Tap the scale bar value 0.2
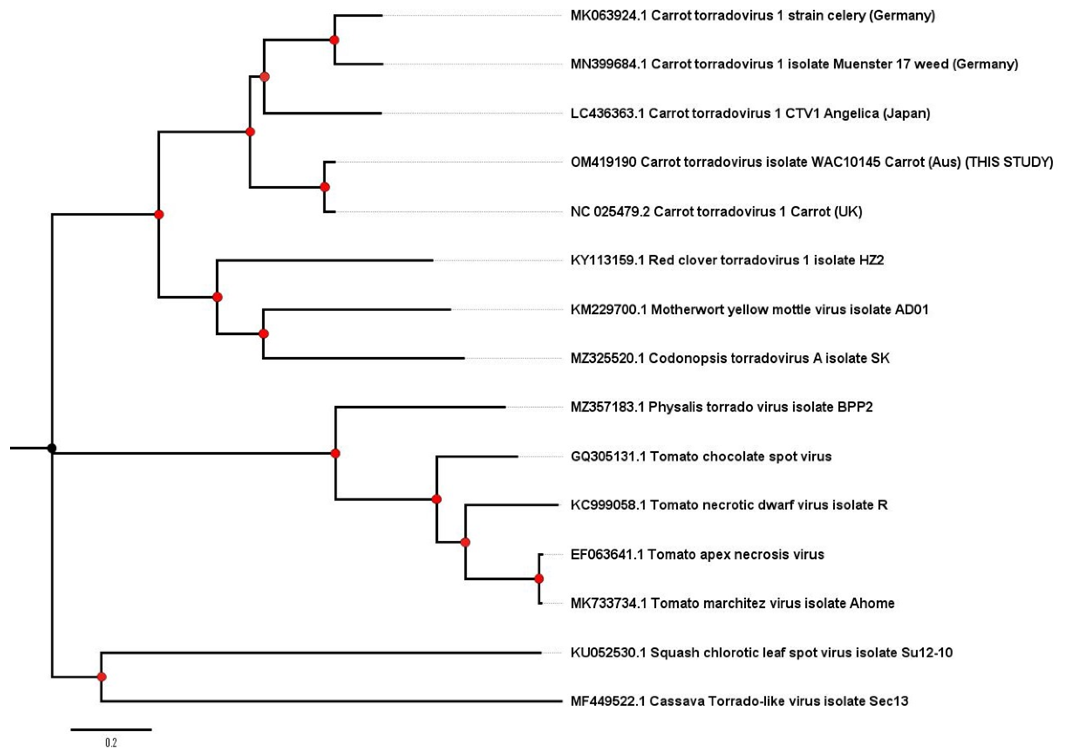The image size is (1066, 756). point(111,743)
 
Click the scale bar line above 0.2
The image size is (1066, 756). point(111,729)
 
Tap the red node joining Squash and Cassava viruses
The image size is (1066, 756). point(101,677)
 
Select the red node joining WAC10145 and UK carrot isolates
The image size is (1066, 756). point(325,187)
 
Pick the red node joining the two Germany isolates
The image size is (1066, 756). point(334,39)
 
